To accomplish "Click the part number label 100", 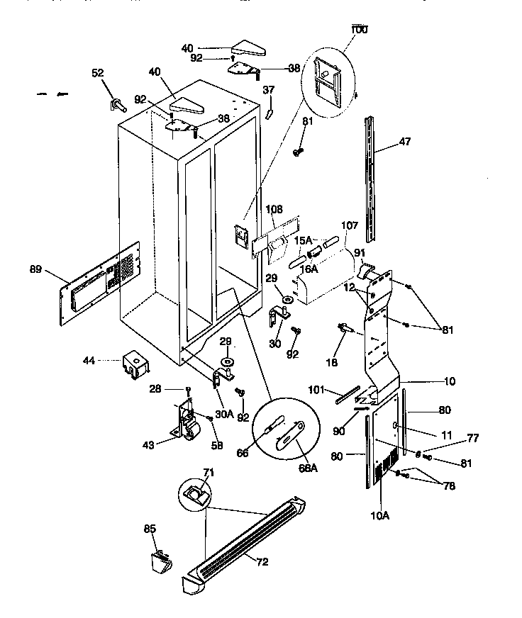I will click(x=360, y=30).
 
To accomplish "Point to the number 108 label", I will click(x=274, y=210).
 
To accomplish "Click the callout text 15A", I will click(x=303, y=241).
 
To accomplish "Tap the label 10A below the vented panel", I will click(x=380, y=515).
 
